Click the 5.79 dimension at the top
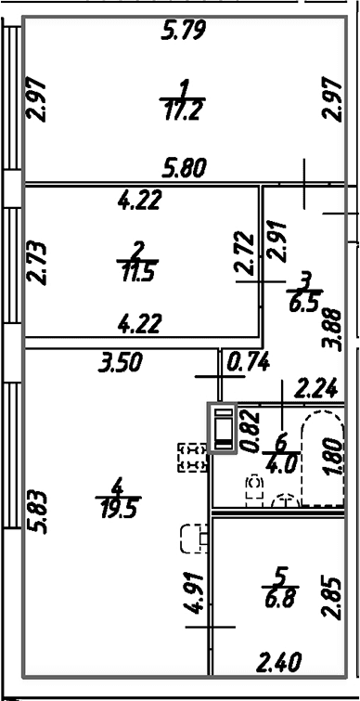[184, 32]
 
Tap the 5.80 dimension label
[184, 169]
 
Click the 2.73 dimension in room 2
[36, 264]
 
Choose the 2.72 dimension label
[245, 253]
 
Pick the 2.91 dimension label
[276, 240]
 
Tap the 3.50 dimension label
[120, 363]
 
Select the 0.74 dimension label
[249, 363]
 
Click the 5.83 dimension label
[36, 513]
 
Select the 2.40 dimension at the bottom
[279, 662]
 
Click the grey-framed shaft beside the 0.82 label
[222, 428]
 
